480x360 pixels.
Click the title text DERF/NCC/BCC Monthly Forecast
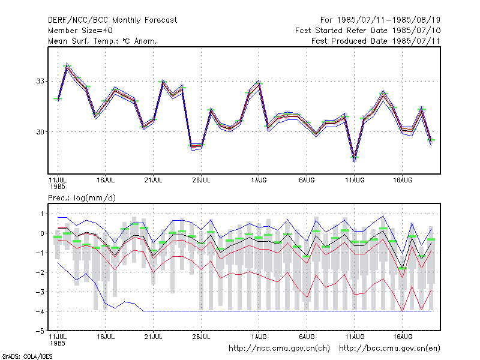(112, 20)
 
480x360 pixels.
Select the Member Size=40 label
(80, 31)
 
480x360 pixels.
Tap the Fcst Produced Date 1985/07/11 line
(376, 41)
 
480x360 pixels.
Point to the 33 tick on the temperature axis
(40, 81)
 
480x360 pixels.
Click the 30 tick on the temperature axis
(40, 132)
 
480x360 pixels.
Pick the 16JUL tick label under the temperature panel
(106, 180)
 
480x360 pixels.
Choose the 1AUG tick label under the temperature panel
(259, 180)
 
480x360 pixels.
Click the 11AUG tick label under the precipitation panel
(355, 337)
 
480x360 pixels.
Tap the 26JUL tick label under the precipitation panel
(201, 337)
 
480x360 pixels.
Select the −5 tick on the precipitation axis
(40, 331)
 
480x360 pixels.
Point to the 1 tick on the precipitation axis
(42, 214)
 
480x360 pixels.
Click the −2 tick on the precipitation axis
(40, 272)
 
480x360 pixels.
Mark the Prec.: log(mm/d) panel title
(82, 198)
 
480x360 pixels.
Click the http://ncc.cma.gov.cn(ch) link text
(279, 349)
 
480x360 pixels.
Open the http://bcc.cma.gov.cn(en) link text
(389, 349)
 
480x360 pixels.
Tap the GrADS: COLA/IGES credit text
(27, 356)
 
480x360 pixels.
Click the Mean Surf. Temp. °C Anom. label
(103, 41)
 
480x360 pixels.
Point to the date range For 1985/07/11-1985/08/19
(380, 20)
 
